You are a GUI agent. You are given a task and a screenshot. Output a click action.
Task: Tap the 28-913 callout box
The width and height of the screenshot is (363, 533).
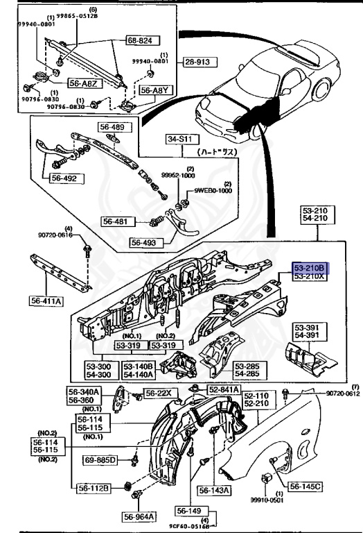(200, 62)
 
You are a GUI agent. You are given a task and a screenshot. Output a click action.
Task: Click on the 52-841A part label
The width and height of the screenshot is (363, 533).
(222, 390)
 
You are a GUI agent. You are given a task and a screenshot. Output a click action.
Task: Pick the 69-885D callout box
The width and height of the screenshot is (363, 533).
(101, 459)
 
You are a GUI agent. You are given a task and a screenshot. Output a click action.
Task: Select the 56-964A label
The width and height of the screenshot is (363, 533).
(140, 516)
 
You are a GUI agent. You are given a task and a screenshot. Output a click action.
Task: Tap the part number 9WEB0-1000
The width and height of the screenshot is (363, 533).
(213, 190)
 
